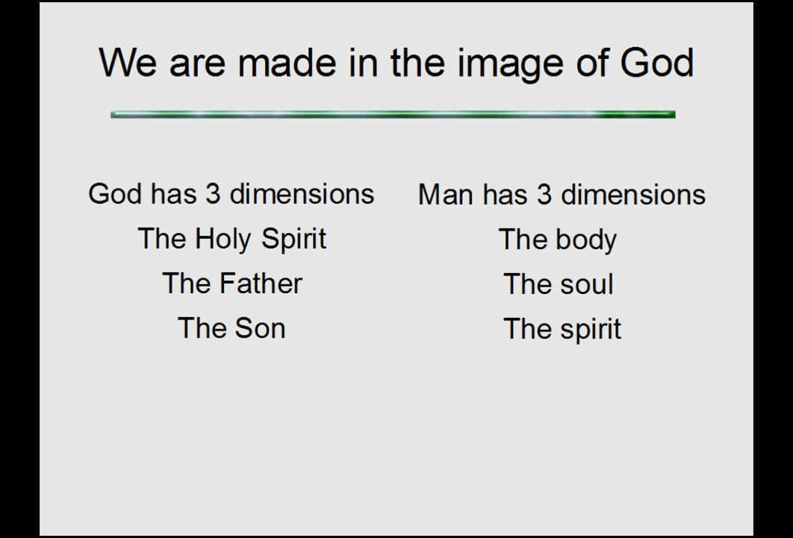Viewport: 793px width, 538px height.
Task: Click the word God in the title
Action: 656,63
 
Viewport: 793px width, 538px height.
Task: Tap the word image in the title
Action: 511,66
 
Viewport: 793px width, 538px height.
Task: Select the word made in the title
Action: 287,63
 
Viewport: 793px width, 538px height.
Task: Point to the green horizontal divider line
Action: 393,115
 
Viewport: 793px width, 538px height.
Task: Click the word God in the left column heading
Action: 115,194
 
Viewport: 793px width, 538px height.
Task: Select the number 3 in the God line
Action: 213,194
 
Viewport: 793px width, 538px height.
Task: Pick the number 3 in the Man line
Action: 544,195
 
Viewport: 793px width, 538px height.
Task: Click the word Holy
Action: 223,240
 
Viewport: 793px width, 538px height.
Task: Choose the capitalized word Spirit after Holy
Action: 294,240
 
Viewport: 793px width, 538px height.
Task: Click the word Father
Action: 261,284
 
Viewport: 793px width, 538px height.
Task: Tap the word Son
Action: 260,328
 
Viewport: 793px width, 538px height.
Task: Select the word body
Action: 586,240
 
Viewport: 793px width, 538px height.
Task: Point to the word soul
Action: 587,284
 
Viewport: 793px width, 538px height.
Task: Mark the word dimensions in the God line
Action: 302,194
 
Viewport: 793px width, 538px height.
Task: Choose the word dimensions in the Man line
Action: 633,195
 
